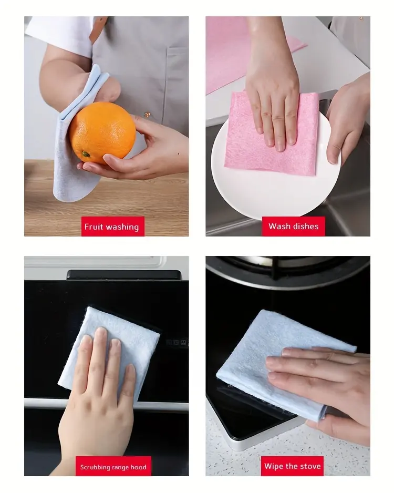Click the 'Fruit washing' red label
tap(112, 227)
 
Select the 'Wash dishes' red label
tap(293, 227)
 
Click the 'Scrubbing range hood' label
tap(113, 467)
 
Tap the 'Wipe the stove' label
tap(292, 466)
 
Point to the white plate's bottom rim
tap(273, 215)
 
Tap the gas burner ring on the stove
tap(294, 271)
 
